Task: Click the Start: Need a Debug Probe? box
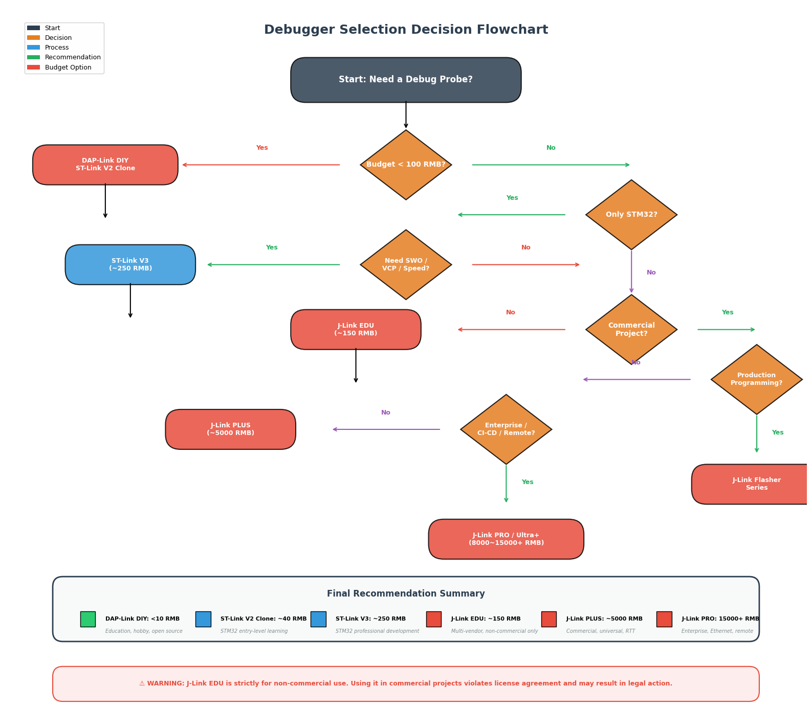(x=406, y=80)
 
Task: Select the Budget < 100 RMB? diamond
(x=406, y=165)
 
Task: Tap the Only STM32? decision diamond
(x=631, y=215)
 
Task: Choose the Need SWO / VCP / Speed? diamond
(x=406, y=265)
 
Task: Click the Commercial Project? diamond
(x=631, y=330)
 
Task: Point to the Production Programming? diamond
(x=756, y=379)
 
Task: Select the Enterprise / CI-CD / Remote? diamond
(x=506, y=429)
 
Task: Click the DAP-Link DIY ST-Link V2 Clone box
(x=105, y=165)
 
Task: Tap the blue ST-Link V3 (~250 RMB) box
(x=130, y=265)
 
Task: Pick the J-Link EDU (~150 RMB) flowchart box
(x=356, y=330)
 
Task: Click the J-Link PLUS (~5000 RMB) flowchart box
(x=230, y=429)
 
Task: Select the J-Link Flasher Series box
(x=752, y=484)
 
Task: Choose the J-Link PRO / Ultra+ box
(x=506, y=539)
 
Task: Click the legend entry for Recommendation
(x=64, y=57)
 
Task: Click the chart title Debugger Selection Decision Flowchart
(x=406, y=30)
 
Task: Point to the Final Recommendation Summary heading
(x=406, y=593)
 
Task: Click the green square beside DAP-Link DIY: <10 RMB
(x=87, y=619)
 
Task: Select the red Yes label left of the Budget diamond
(x=262, y=148)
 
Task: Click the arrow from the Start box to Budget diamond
(x=406, y=115)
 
